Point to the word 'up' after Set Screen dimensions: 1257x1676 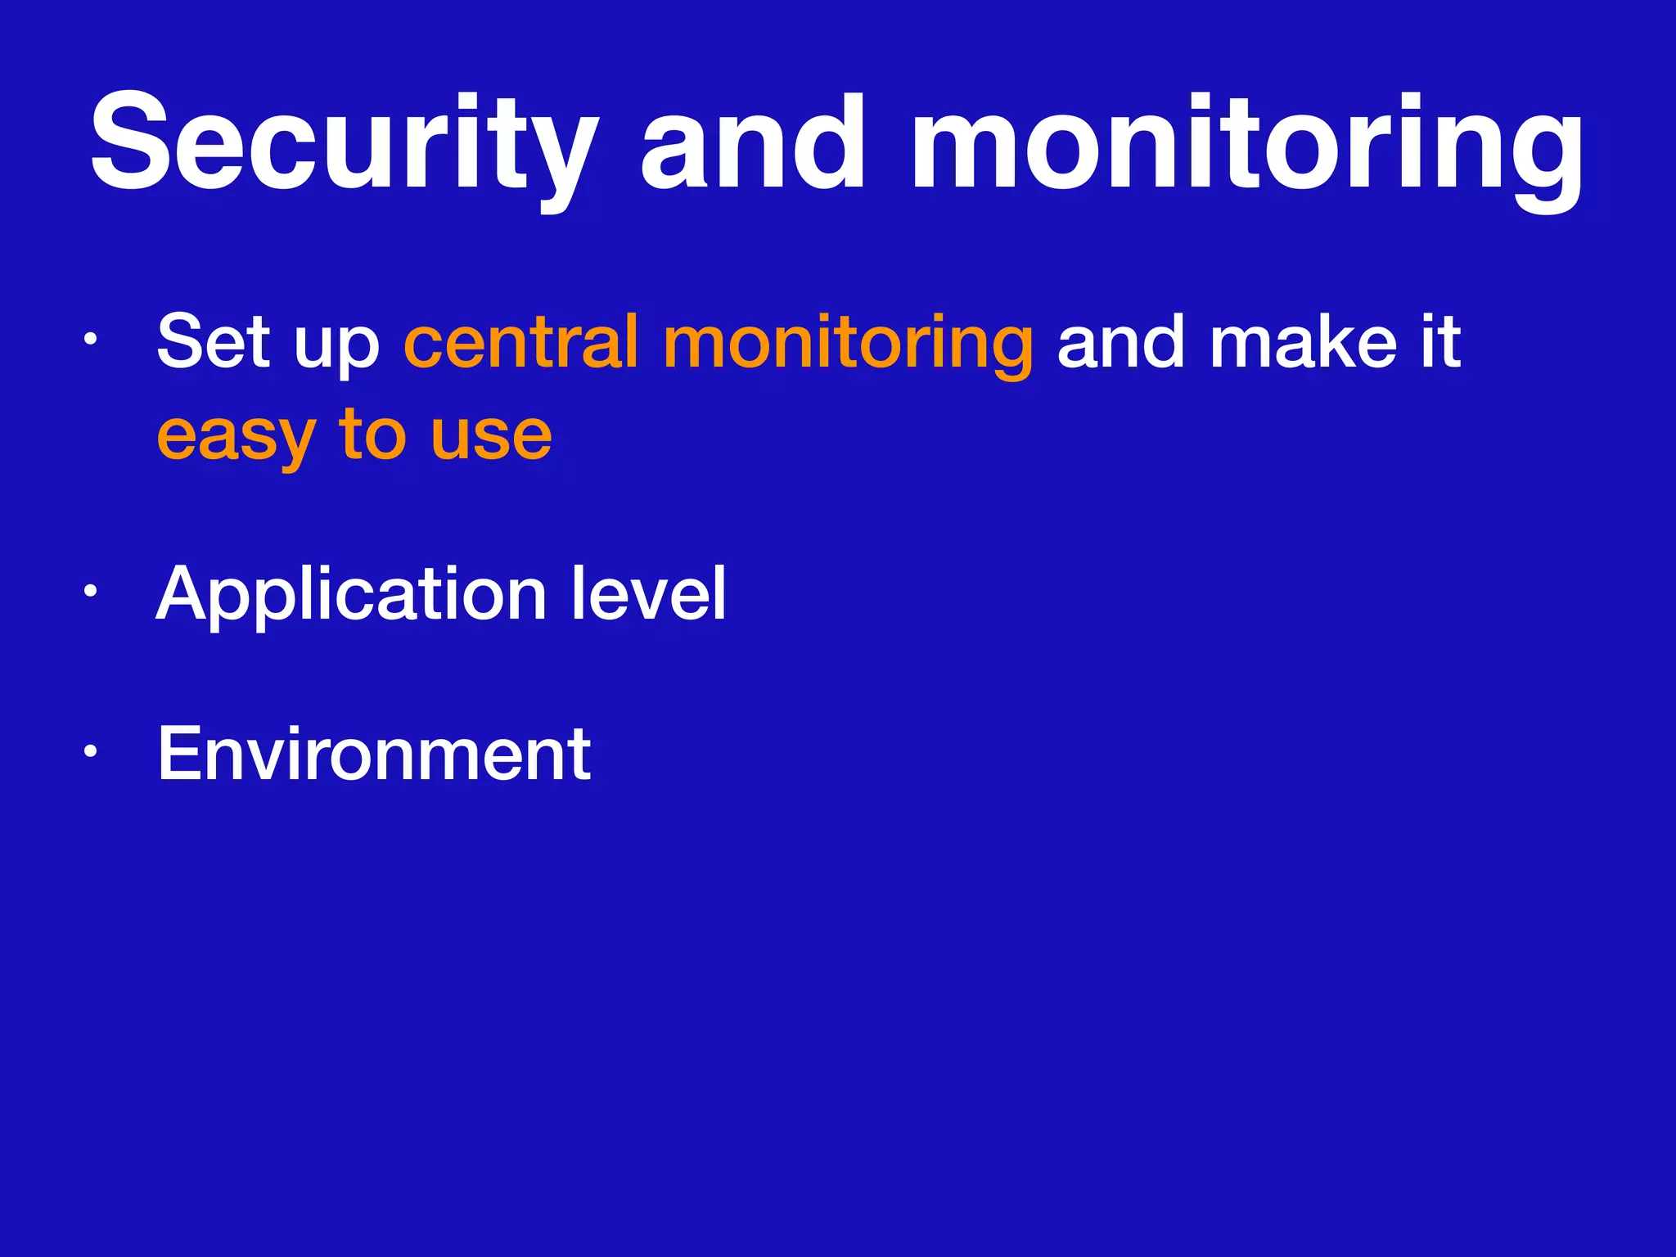pos(336,349)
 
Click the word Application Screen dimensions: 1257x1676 pos(351,596)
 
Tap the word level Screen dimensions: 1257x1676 pos(647,592)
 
